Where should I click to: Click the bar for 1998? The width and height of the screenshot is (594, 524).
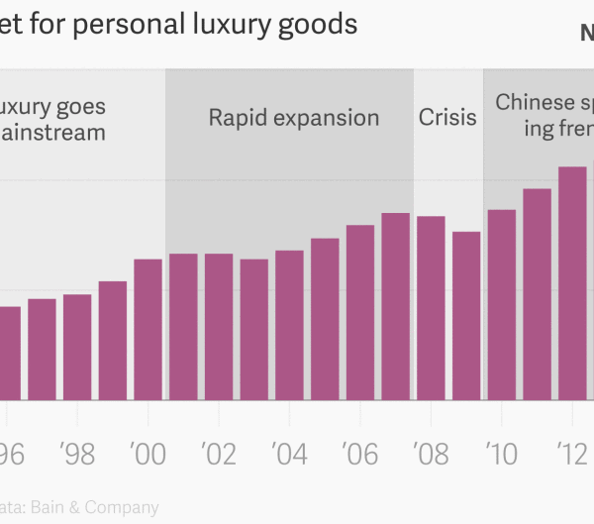click(77, 347)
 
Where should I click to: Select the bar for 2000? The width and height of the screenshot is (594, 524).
click(148, 329)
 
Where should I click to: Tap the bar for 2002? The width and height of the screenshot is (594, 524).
click(219, 326)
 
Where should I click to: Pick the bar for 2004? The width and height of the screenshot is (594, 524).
click(289, 324)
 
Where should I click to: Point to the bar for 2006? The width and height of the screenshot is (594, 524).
click(360, 312)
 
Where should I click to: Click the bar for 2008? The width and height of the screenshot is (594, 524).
click(431, 307)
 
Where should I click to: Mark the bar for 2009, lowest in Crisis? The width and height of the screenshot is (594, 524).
click(466, 315)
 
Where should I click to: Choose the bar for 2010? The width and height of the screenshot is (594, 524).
click(502, 304)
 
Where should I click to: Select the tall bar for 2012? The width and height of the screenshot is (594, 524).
click(572, 282)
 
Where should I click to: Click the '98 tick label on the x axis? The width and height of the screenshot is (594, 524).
click(77, 455)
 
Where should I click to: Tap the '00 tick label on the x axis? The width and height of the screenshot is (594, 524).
click(148, 455)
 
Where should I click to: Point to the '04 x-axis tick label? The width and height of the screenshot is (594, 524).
click(289, 455)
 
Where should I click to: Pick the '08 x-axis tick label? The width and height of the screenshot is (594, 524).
click(431, 455)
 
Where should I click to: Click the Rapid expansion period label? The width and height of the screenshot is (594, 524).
click(293, 118)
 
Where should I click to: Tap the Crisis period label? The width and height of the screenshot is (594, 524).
click(447, 118)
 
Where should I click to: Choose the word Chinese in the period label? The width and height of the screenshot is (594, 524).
click(535, 102)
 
